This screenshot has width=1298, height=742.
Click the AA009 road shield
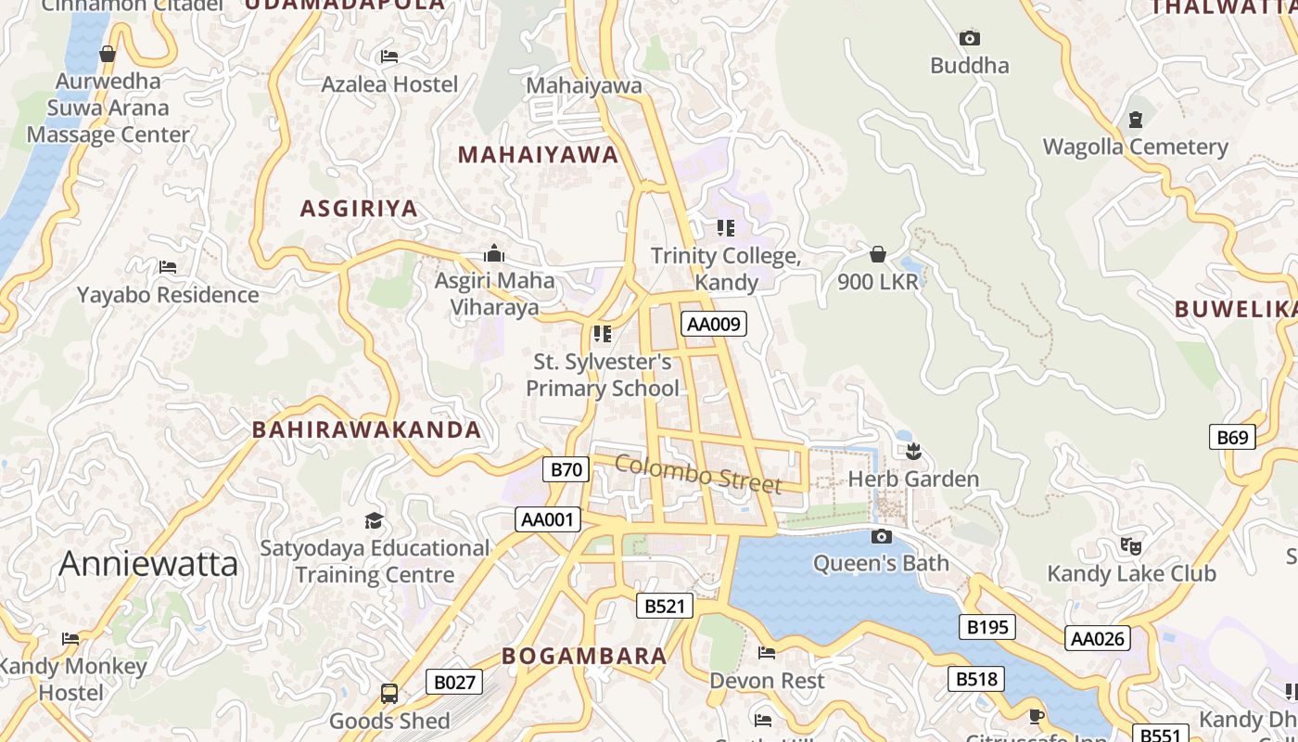713,324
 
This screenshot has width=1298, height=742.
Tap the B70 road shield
566,469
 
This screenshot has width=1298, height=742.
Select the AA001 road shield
548,519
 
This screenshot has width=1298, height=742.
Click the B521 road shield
664,607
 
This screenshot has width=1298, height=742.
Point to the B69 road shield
1232,437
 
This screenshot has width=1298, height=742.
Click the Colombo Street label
698,474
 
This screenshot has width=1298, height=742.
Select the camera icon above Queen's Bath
882,536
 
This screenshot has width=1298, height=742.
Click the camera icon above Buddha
970,38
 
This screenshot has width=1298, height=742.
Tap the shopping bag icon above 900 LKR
878,254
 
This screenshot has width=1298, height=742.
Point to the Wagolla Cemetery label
1135,147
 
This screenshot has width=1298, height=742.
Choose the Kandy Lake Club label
1130,573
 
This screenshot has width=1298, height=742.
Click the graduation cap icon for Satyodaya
374,520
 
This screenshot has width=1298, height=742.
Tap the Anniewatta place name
148,564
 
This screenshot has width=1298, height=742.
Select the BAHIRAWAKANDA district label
367,429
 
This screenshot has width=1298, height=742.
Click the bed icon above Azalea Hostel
389,57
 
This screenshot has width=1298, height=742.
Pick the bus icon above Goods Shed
389,694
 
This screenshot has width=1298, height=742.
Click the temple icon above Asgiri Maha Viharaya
494,253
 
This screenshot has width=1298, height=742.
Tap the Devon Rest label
766,681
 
